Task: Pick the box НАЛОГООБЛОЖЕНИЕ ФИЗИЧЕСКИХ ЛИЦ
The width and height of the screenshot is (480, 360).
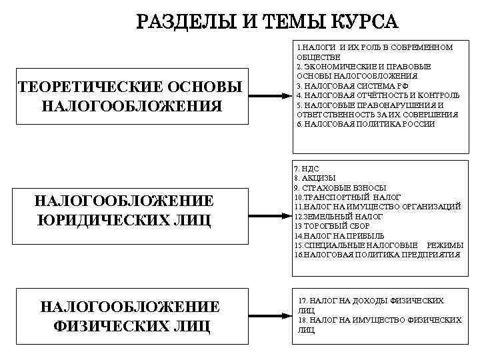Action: (131, 316)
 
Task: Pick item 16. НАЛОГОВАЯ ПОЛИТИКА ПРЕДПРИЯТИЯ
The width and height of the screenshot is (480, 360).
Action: (377, 255)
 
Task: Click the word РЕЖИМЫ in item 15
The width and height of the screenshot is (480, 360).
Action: (445, 246)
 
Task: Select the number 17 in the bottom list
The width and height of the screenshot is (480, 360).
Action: (303, 301)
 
